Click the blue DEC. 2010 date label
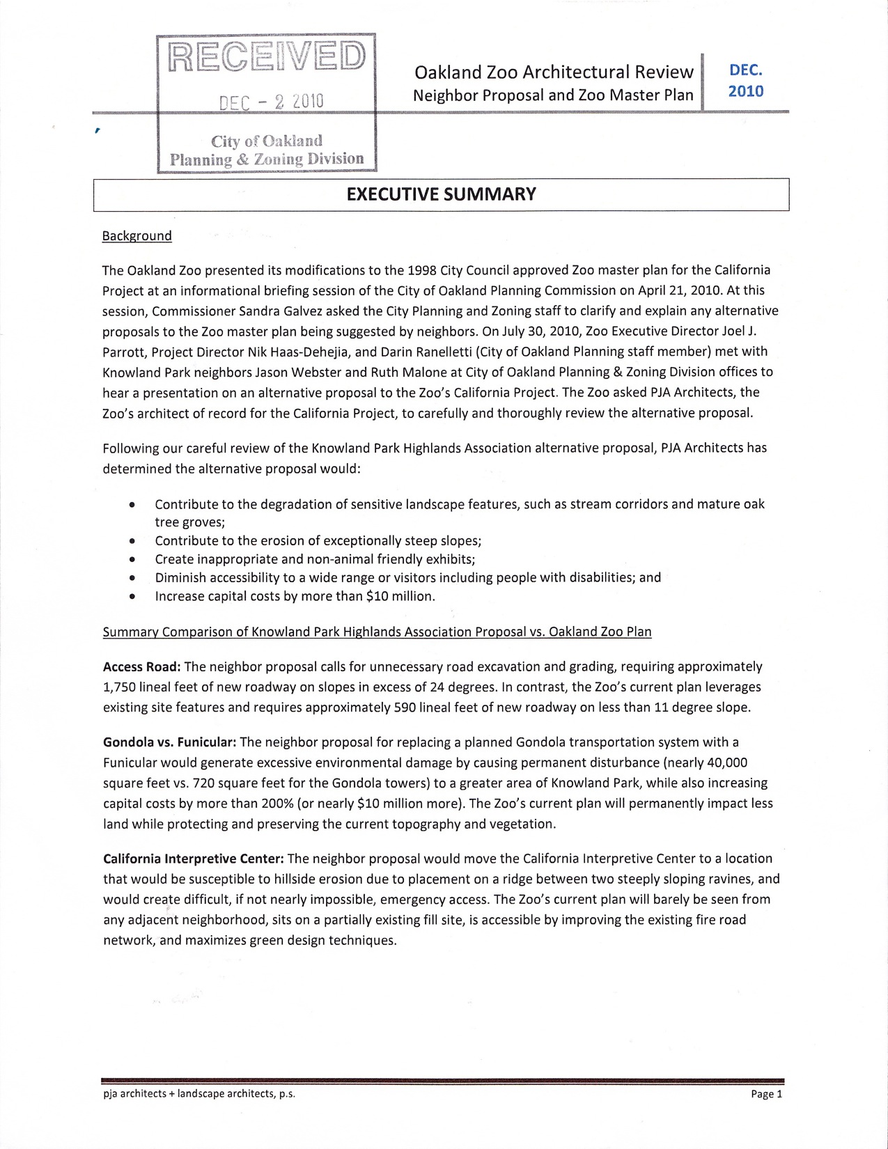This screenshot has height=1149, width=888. (745, 81)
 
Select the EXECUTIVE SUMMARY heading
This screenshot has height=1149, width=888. (441, 194)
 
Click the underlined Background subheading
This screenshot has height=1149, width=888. (137, 236)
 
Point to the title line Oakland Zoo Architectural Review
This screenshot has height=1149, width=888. (554, 72)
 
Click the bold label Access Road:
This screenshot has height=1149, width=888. (142, 666)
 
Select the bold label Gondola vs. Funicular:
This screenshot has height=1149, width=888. (170, 742)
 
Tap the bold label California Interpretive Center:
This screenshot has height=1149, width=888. (194, 858)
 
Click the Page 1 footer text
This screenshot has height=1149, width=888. (767, 1094)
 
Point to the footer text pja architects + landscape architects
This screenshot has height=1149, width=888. (198, 1094)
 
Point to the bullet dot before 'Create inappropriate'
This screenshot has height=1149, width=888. (132, 559)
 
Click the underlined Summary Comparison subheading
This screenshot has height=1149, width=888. (377, 632)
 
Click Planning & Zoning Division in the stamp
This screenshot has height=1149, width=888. (267, 159)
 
